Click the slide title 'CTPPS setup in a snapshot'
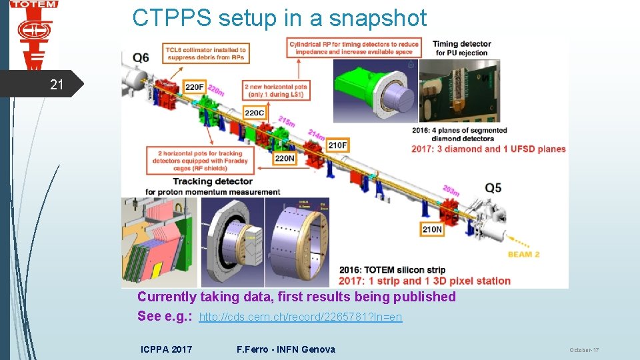[x=279, y=18]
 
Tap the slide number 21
[x=57, y=85]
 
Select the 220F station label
[x=195, y=87]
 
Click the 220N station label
[x=285, y=158]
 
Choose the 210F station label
[x=337, y=145]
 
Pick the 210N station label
[x=432, y=229]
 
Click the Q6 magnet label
[x=141, y=58]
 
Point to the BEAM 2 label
[x=523, y=254]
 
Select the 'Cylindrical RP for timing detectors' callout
[x=354, y=48]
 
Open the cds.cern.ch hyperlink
[x=301, y=317]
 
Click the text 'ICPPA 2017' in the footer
[x=167, y=349]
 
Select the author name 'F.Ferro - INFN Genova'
[x=286, y=349]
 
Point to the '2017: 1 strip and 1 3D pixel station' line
[x=425, y=281]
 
